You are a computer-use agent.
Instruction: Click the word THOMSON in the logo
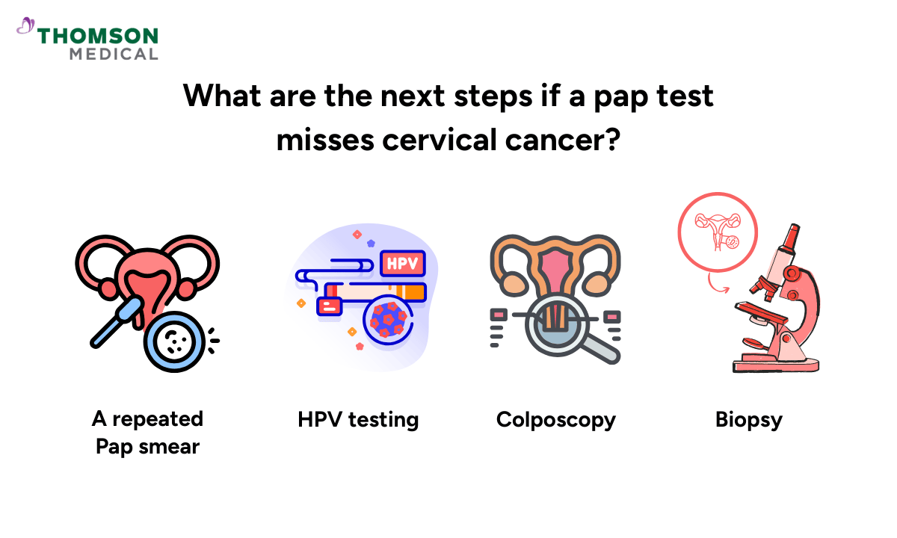click(98, 36)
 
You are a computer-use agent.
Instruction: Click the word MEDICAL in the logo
click(114, 54)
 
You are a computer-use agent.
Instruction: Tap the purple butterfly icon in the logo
click(25, 27)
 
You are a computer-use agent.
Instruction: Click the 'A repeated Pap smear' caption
click(147, 433)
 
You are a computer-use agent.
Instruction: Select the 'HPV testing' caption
click(358, 419)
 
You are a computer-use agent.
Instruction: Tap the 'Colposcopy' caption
click(555, 419)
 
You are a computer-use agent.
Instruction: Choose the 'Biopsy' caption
click(748, 419)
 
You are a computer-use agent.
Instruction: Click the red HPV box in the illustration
click(402, 262)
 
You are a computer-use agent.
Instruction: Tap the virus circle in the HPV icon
click(388, 320)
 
